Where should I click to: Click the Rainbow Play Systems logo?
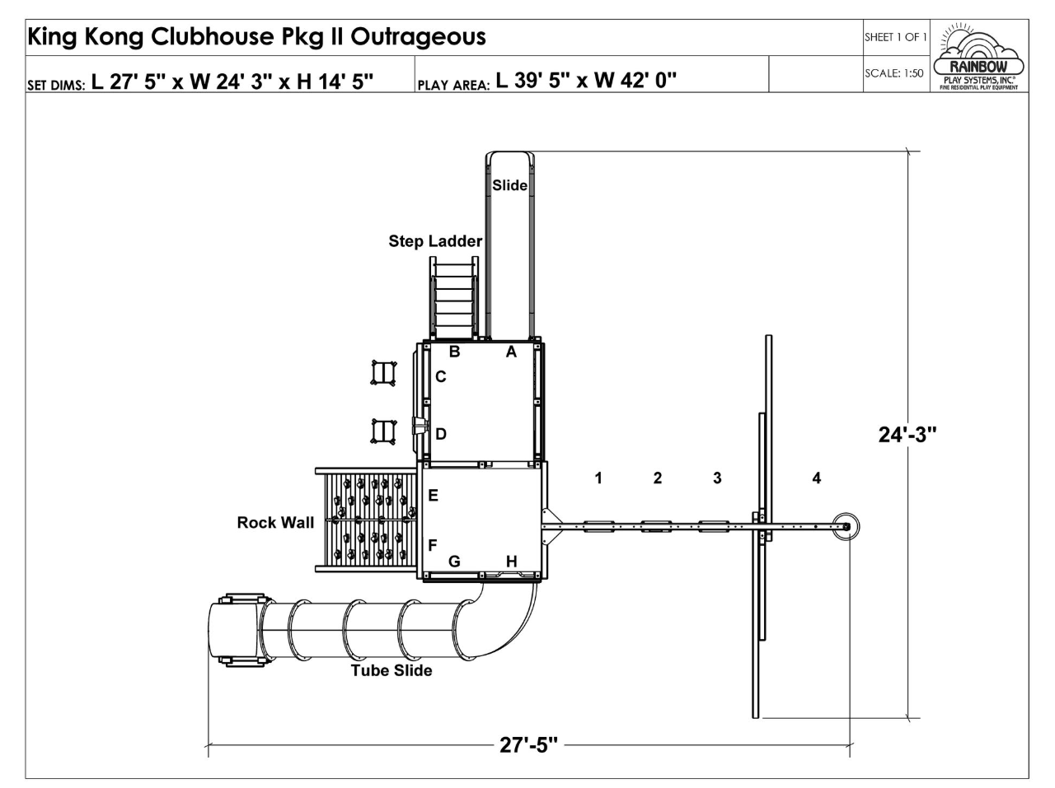coord(978,56)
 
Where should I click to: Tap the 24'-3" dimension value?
coord(907,435)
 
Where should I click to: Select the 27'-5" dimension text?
coord(528,745)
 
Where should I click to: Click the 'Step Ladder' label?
coord(435,241)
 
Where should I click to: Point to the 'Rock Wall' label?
coord(275,523)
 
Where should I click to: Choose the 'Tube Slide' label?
coord(392,670)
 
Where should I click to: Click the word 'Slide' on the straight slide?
coord(509,185)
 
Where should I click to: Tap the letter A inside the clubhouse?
coord(511,352)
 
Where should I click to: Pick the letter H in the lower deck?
coord(511,562)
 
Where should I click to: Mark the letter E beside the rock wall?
coord(433,495)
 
